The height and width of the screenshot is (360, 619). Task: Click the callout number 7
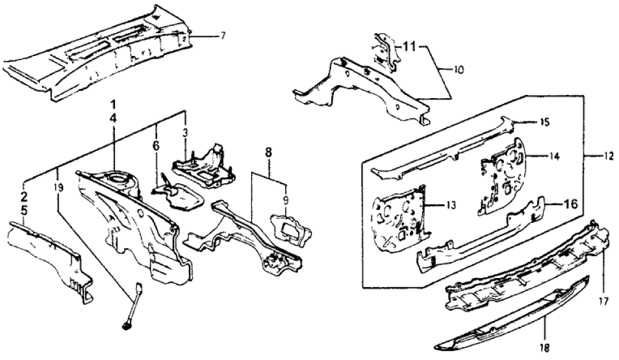223,34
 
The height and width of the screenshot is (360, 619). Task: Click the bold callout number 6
156,147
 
